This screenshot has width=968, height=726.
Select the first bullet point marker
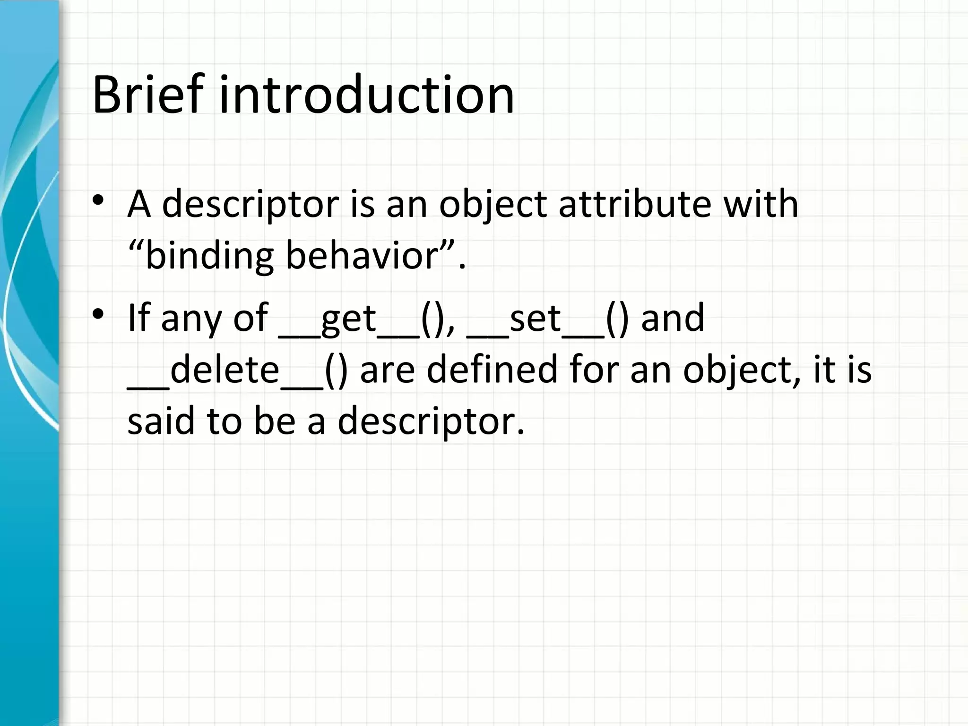pos(98,200)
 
